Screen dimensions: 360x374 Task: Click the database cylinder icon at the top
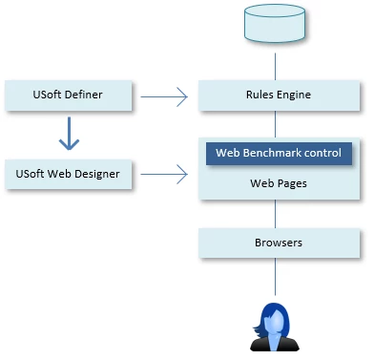276,23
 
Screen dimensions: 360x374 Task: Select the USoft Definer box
67,94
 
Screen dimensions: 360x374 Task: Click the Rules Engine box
276,95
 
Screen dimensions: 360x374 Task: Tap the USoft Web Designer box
67,174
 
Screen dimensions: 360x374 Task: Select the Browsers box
276,243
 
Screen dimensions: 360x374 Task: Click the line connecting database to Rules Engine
276,65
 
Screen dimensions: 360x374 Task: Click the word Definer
82,94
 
